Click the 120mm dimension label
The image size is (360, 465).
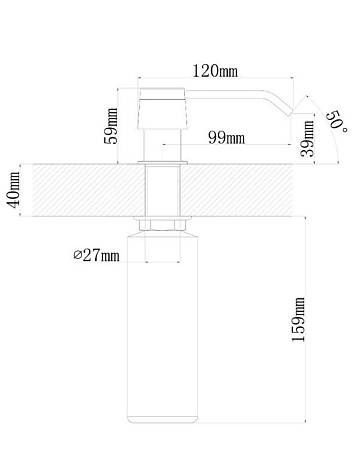pyautogui.click(x=215, y=71)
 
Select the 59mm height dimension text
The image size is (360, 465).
pyautogui.click(x=111, y=126)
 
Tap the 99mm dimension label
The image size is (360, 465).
pyautogui.click(x=226, y=137)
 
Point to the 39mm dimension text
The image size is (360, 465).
pyautogui.click(x=307, y=139)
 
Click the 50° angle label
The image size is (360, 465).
pyautogui.click(x=337, y=121)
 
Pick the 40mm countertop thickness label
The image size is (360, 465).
pyautogui.click(x=14, y=190)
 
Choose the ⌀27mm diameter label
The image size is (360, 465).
pyautogui.click(x=96, y=255)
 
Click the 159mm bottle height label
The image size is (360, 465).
pyautogui.click(x=298, y=319)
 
